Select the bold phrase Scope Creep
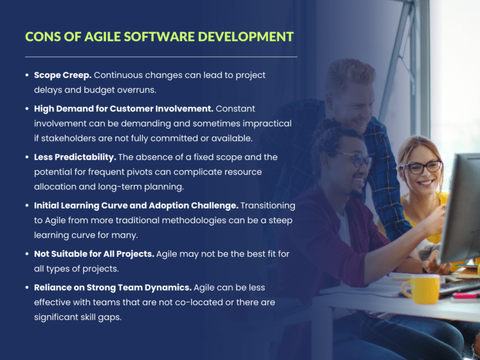(x=62, y=75)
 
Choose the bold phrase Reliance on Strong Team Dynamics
(x=112, y=287)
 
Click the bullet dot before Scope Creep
(x=27, y=75)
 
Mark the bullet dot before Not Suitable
(x=27, y=254)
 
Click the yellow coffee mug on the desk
(x=420, y=289)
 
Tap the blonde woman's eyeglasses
(x=424, y=167)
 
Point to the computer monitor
(x=462, y=206)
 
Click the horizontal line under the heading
(x=161, y=57)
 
